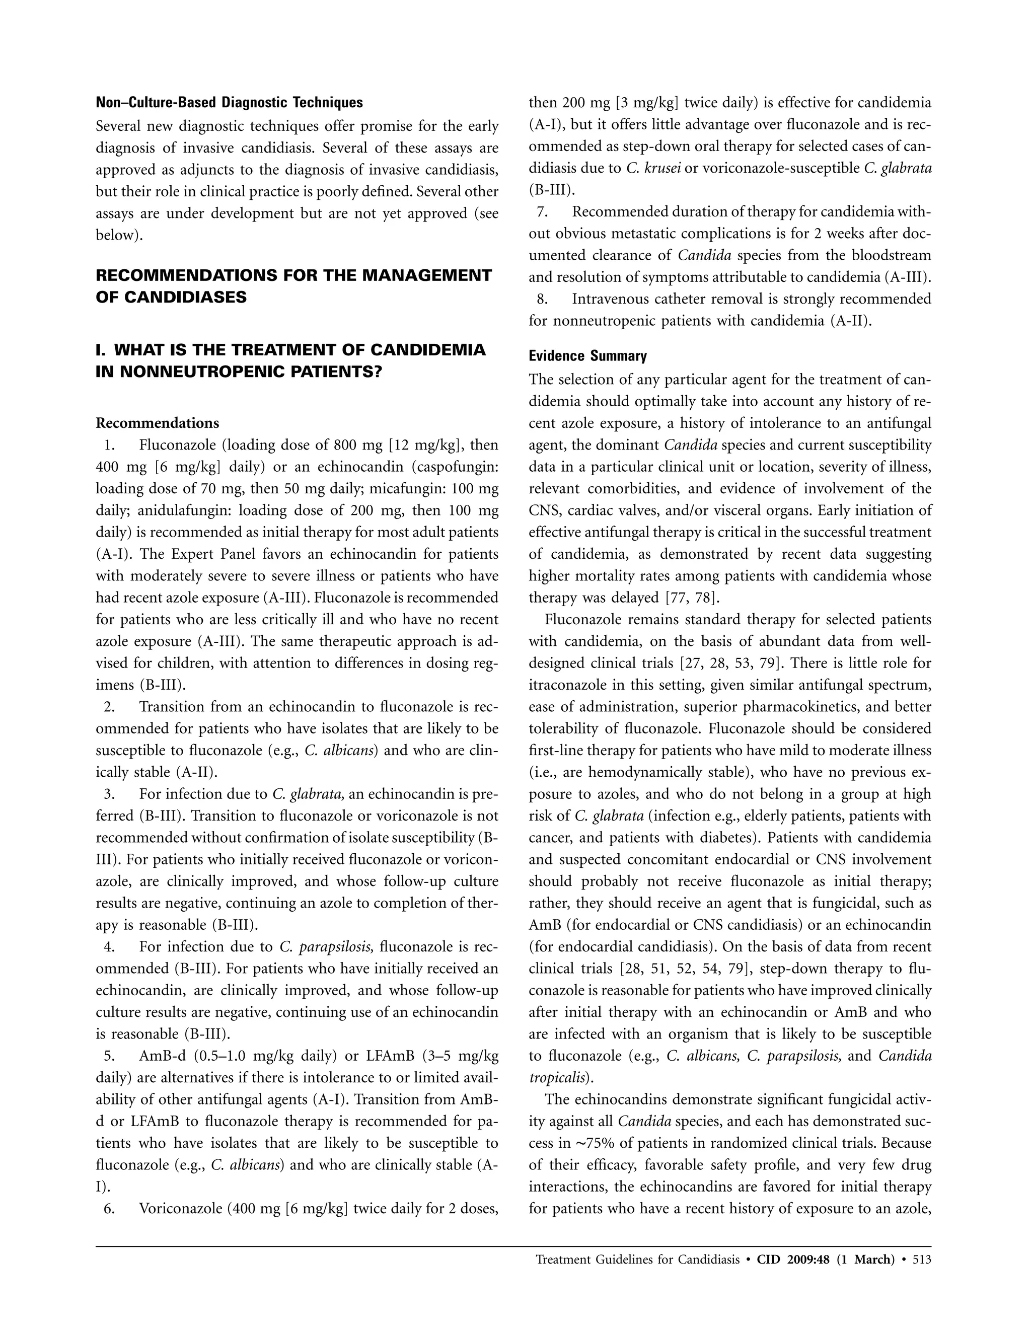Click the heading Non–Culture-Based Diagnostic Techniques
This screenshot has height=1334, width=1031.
pyautogui.click(x=229, y=103)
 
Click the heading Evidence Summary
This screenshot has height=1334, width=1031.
pyautogui.click(x=587, y=356)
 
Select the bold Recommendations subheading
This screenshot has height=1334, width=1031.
pyautogui.click(x=157, y=423)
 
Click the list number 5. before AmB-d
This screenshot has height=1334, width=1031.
pyautogui.click(x=109, y=1056)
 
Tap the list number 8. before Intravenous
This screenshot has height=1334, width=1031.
pyautogui.click(x=542, y=300)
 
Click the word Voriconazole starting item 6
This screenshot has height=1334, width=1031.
pyautogui.click(x=180, y=1209)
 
